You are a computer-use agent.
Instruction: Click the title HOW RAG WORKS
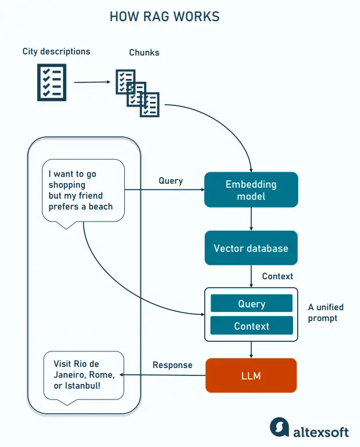coord(164,17)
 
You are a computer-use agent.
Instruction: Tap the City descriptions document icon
coord(52,82)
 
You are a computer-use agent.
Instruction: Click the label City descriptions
coord(56,52)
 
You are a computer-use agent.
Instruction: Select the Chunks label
coord(144,53)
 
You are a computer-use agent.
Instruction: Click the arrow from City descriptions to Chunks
coord(92,82)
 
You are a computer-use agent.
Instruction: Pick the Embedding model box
coord(251,190)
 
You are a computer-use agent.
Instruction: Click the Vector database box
coord(251,248)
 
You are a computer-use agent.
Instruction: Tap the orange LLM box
coord(251,375)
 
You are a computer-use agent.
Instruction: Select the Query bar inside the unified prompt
coord(251,304)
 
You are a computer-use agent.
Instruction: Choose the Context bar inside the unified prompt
coord(251,326)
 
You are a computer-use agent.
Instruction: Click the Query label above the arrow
coord(171,181)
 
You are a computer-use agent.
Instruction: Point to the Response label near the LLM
coord(172,365)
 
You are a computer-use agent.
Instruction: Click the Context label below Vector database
coord(278,276)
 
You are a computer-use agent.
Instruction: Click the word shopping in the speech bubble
coord(66,185)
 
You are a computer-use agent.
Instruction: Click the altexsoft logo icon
coord(279,427)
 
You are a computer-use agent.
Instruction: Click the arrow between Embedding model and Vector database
coord(251,219)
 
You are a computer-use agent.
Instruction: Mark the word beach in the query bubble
coord(101,207)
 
